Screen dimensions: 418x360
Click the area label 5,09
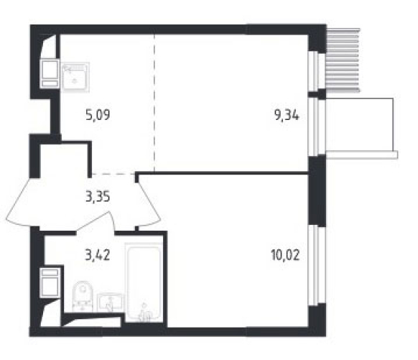(98, 116)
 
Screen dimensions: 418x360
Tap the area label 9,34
(287, 116)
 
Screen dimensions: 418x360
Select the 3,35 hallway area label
(98, 198)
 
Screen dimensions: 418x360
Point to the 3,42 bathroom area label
(98, 255)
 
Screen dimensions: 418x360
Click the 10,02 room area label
(286, 255)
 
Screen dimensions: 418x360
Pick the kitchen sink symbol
(75, 77)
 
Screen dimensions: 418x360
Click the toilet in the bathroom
(83, 296)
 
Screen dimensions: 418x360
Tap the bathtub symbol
(144, 282)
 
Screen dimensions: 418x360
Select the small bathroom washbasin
(110, 303)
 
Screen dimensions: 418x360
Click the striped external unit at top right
(343, 60)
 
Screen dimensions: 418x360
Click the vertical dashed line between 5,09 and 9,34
(154, 104)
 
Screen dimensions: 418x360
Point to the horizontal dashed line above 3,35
(113, 174)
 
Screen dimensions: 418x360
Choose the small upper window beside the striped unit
(317, 71)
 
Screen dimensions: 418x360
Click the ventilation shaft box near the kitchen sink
(50, 73)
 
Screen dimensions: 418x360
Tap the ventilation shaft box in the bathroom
(50, 282)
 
